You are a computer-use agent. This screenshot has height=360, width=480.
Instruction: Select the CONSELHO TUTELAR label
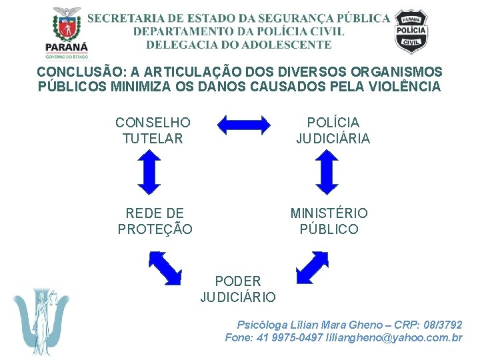tap(153, 131)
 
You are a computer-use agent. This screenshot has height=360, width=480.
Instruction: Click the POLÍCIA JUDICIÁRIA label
tap(333, 131)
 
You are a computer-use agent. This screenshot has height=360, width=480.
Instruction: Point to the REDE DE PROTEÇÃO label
tap(155, 221)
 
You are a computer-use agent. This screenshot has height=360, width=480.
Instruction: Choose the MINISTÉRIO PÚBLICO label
tap(329, 221)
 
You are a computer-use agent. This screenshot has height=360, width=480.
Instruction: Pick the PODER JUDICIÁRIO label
tap(238, 289)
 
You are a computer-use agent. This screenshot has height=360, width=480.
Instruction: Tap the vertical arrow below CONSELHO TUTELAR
tap(151, 171)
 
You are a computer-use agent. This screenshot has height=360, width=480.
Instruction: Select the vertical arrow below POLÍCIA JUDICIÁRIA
tap(327, 171)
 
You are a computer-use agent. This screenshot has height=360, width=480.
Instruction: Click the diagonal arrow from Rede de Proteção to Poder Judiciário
tap(165, 267)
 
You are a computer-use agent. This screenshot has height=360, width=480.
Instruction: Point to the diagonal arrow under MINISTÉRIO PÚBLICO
tap(311, 267)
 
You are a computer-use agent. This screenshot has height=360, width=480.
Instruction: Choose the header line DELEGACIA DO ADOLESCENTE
tap(239, 45)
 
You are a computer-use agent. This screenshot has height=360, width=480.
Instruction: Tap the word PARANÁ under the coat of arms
tap(67, 47)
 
